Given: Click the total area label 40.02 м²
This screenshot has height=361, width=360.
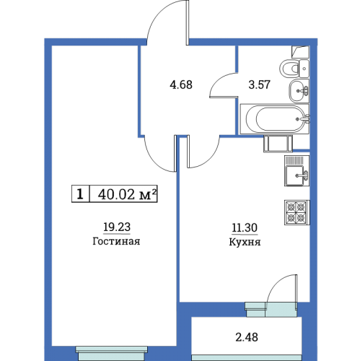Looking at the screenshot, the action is [127, 194].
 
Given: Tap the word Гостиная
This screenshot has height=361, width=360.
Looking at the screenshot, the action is [116, 241].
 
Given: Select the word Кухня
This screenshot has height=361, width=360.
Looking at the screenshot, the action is [245, 242].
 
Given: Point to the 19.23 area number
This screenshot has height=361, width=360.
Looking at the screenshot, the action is [117, 227].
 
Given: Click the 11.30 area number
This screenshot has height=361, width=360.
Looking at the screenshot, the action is [245, 227].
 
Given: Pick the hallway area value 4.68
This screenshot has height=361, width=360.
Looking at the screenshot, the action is [181, 84].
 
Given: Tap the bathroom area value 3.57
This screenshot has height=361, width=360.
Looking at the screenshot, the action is [259, 84].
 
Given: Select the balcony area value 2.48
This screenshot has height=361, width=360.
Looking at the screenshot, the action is [247, 337].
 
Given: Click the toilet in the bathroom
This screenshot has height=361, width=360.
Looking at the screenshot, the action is [294, 69].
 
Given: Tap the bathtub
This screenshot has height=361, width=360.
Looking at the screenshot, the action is [275, 119].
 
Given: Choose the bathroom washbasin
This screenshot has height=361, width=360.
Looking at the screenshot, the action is [299, 91].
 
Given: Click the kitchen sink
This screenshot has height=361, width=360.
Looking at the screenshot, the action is [297, 170].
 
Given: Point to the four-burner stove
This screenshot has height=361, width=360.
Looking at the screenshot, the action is [297, 212].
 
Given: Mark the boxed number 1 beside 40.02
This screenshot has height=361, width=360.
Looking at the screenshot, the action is [80, 194].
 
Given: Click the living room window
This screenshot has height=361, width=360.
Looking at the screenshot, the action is [111, 353].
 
